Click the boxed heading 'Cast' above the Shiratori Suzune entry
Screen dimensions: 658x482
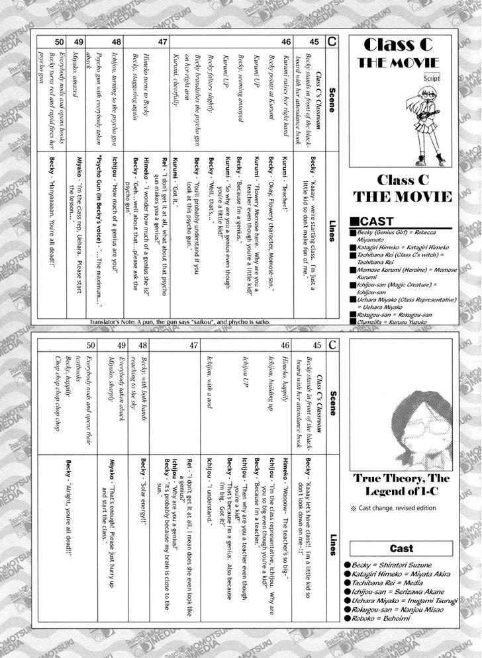point(402,548)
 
